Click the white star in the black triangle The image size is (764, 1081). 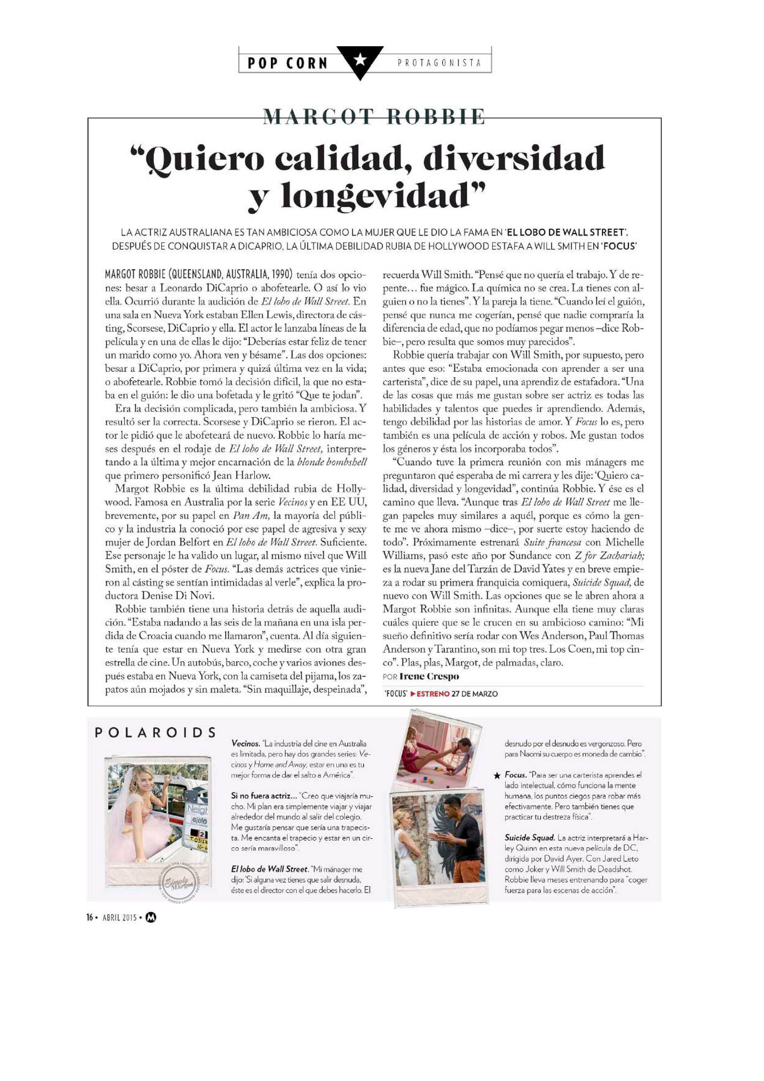(360, 59)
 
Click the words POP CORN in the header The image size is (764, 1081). (287, 63)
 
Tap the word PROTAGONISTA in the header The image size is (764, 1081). (439, 63)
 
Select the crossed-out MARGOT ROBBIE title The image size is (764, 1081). (373, 117)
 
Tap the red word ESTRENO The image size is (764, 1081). (433, 694)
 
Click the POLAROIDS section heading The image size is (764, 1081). (155, 732)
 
